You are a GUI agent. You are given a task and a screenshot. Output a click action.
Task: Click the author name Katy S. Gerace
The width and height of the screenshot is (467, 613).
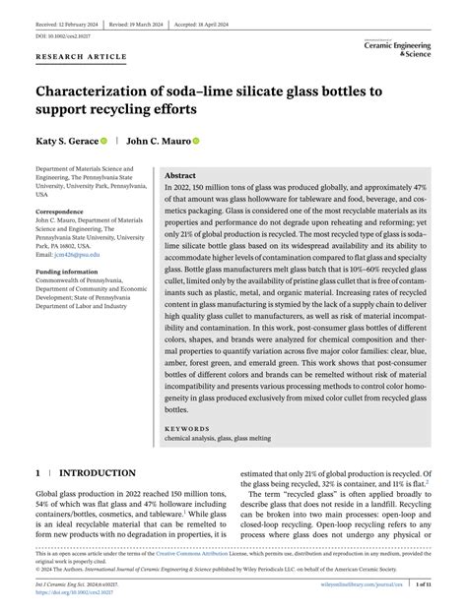[x=67, y=141]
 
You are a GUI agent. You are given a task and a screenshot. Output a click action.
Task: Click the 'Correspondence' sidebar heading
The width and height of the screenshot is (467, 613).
[x=59, y=213]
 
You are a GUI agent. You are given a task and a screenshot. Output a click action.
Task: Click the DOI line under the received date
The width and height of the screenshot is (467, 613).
[x=63, y=34]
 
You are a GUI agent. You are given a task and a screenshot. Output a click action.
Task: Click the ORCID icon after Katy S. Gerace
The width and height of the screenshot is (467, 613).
[x=103, y=142]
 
